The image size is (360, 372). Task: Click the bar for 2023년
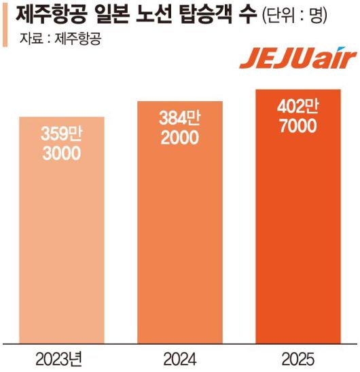(62, 231)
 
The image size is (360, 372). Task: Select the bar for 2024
(180, 224)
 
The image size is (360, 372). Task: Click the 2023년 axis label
(62, 358)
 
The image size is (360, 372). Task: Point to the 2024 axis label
(180, 358)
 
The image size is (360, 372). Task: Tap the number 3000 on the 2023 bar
(62, 153)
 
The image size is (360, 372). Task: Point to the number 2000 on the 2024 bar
(180, 138)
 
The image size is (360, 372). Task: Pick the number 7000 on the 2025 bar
(298, 126)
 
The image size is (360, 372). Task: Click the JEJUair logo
(297, 59)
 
